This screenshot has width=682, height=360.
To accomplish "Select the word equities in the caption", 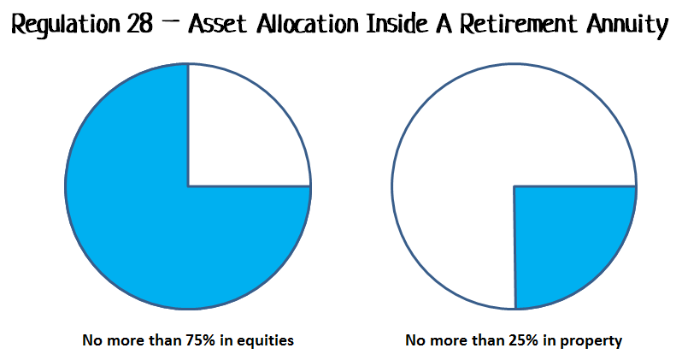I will pyautogui.click(x=264, y=340).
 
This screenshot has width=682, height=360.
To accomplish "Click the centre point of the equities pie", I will pyautogui.click(x=188, y=186).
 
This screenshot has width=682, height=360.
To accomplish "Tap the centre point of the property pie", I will pyautogui.click(x=514, y=186).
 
